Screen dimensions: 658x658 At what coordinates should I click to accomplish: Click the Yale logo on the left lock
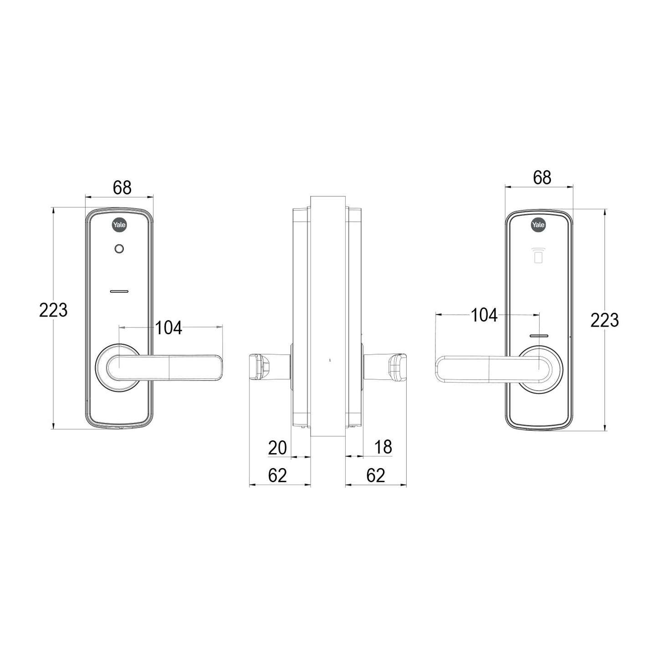pyautogui.click(x=119, y=225)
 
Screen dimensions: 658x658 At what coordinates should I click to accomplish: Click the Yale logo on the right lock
pyautogui.click(x=539, y=224)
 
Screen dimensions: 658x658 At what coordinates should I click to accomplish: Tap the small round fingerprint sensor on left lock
pyautogui.click(x=119, y=249)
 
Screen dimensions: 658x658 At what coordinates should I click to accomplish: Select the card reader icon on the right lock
pyautogui.click(x=539, y=255)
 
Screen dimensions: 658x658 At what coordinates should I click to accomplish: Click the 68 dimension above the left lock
pyautogui.click(x=122, y=187)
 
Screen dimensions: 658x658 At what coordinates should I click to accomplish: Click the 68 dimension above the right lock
pyautogui.click(x=542, y=178)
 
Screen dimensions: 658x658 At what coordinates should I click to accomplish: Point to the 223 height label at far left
pyautogui.click(x=53, y=310)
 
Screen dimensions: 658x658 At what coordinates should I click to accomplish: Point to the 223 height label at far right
pyautogui.click(x=605, y=320)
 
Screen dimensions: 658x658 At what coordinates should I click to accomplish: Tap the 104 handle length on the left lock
pyautogui.click(x=169, y=328)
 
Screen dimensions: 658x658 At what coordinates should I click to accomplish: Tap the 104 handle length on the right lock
pyautogui.click(x=484, y=315)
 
